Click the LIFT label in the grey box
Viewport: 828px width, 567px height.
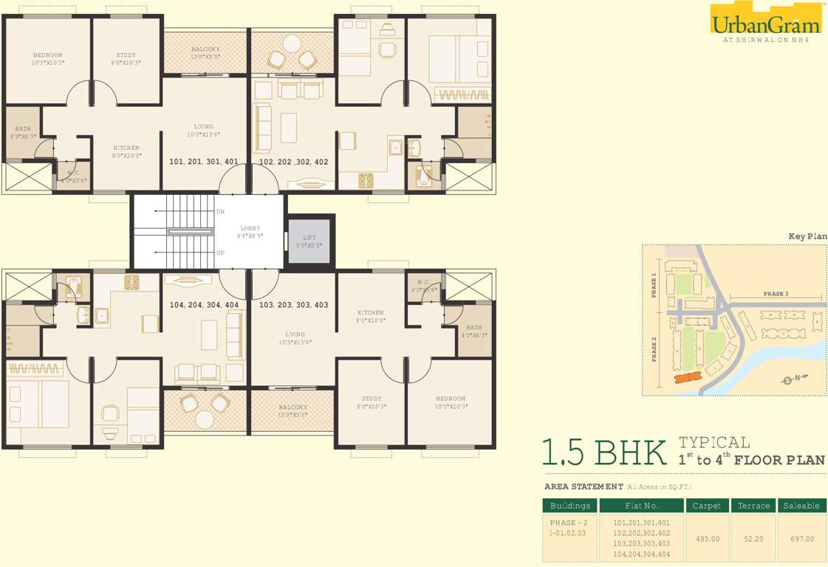[x=309, y=237]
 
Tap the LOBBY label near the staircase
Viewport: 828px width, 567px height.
[x=250, y=229]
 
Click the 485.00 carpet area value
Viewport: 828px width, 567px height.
[x=708, y=539]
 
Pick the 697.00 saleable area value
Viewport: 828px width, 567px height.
[x=801, y=539]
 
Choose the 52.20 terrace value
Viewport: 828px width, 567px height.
[x=753, y=539]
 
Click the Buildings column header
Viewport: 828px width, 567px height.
[x=569, y=506]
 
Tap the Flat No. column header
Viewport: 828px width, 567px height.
[x=640, y=506]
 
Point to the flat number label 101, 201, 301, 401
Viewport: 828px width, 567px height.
[x=203, y=162]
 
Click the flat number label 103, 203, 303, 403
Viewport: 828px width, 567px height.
[x=294, y=305]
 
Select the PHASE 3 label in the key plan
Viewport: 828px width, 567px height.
[x=775, y=294]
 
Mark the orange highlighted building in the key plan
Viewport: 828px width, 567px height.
[x=688, y=377]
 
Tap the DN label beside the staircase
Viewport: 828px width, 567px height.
[x=220, y=212]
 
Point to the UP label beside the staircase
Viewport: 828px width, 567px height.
[x=220, y=252]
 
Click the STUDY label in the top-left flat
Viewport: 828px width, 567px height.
[x=126, y=55]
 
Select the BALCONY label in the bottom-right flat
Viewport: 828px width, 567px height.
[x=293, y=408]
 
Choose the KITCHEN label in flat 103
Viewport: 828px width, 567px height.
[x=370, y=313]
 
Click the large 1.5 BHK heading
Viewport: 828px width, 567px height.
[x=603, y=453]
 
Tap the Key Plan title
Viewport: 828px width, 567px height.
[x=807, y=237]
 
